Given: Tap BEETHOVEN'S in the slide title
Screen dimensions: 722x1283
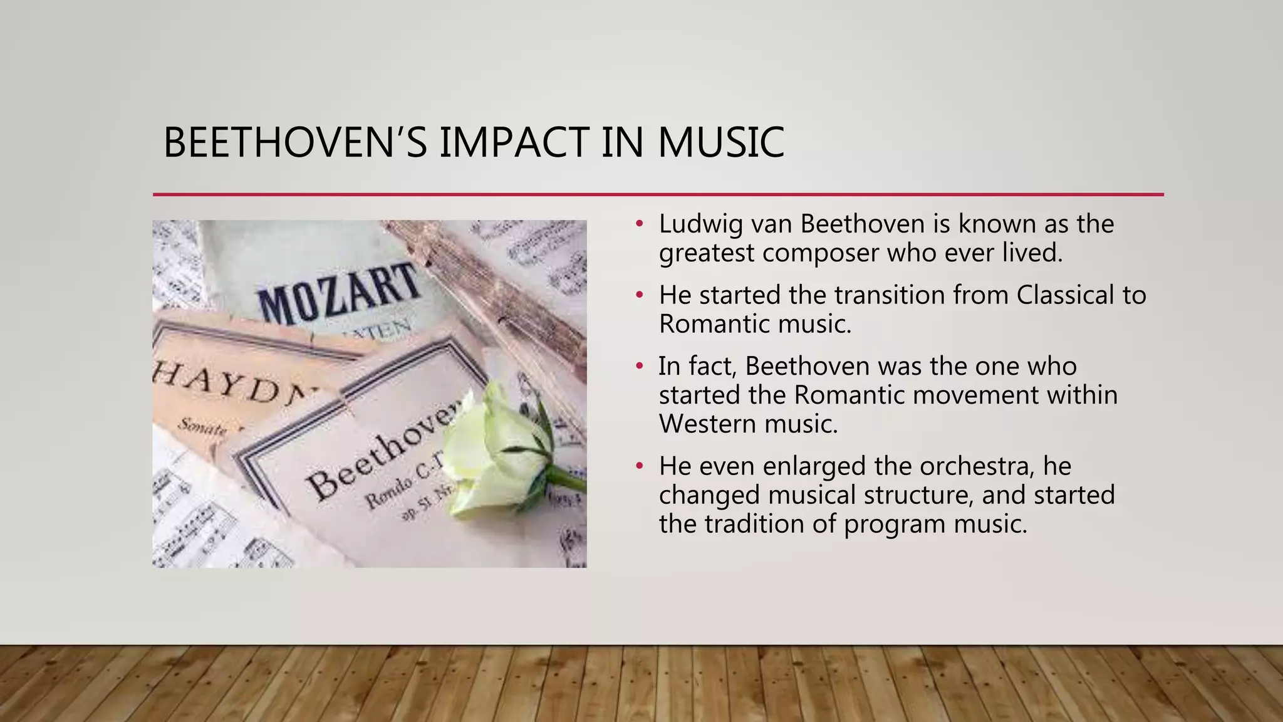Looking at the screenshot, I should tap(294, 142).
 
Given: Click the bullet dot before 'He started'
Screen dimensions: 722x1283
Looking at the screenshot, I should tap(639, 295).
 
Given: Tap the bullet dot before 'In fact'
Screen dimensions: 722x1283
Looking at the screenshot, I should tap(639, 366).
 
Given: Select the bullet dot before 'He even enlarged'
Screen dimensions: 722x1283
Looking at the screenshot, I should tap(639, 466).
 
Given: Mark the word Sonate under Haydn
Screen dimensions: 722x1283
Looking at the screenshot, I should tap(202, 427).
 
